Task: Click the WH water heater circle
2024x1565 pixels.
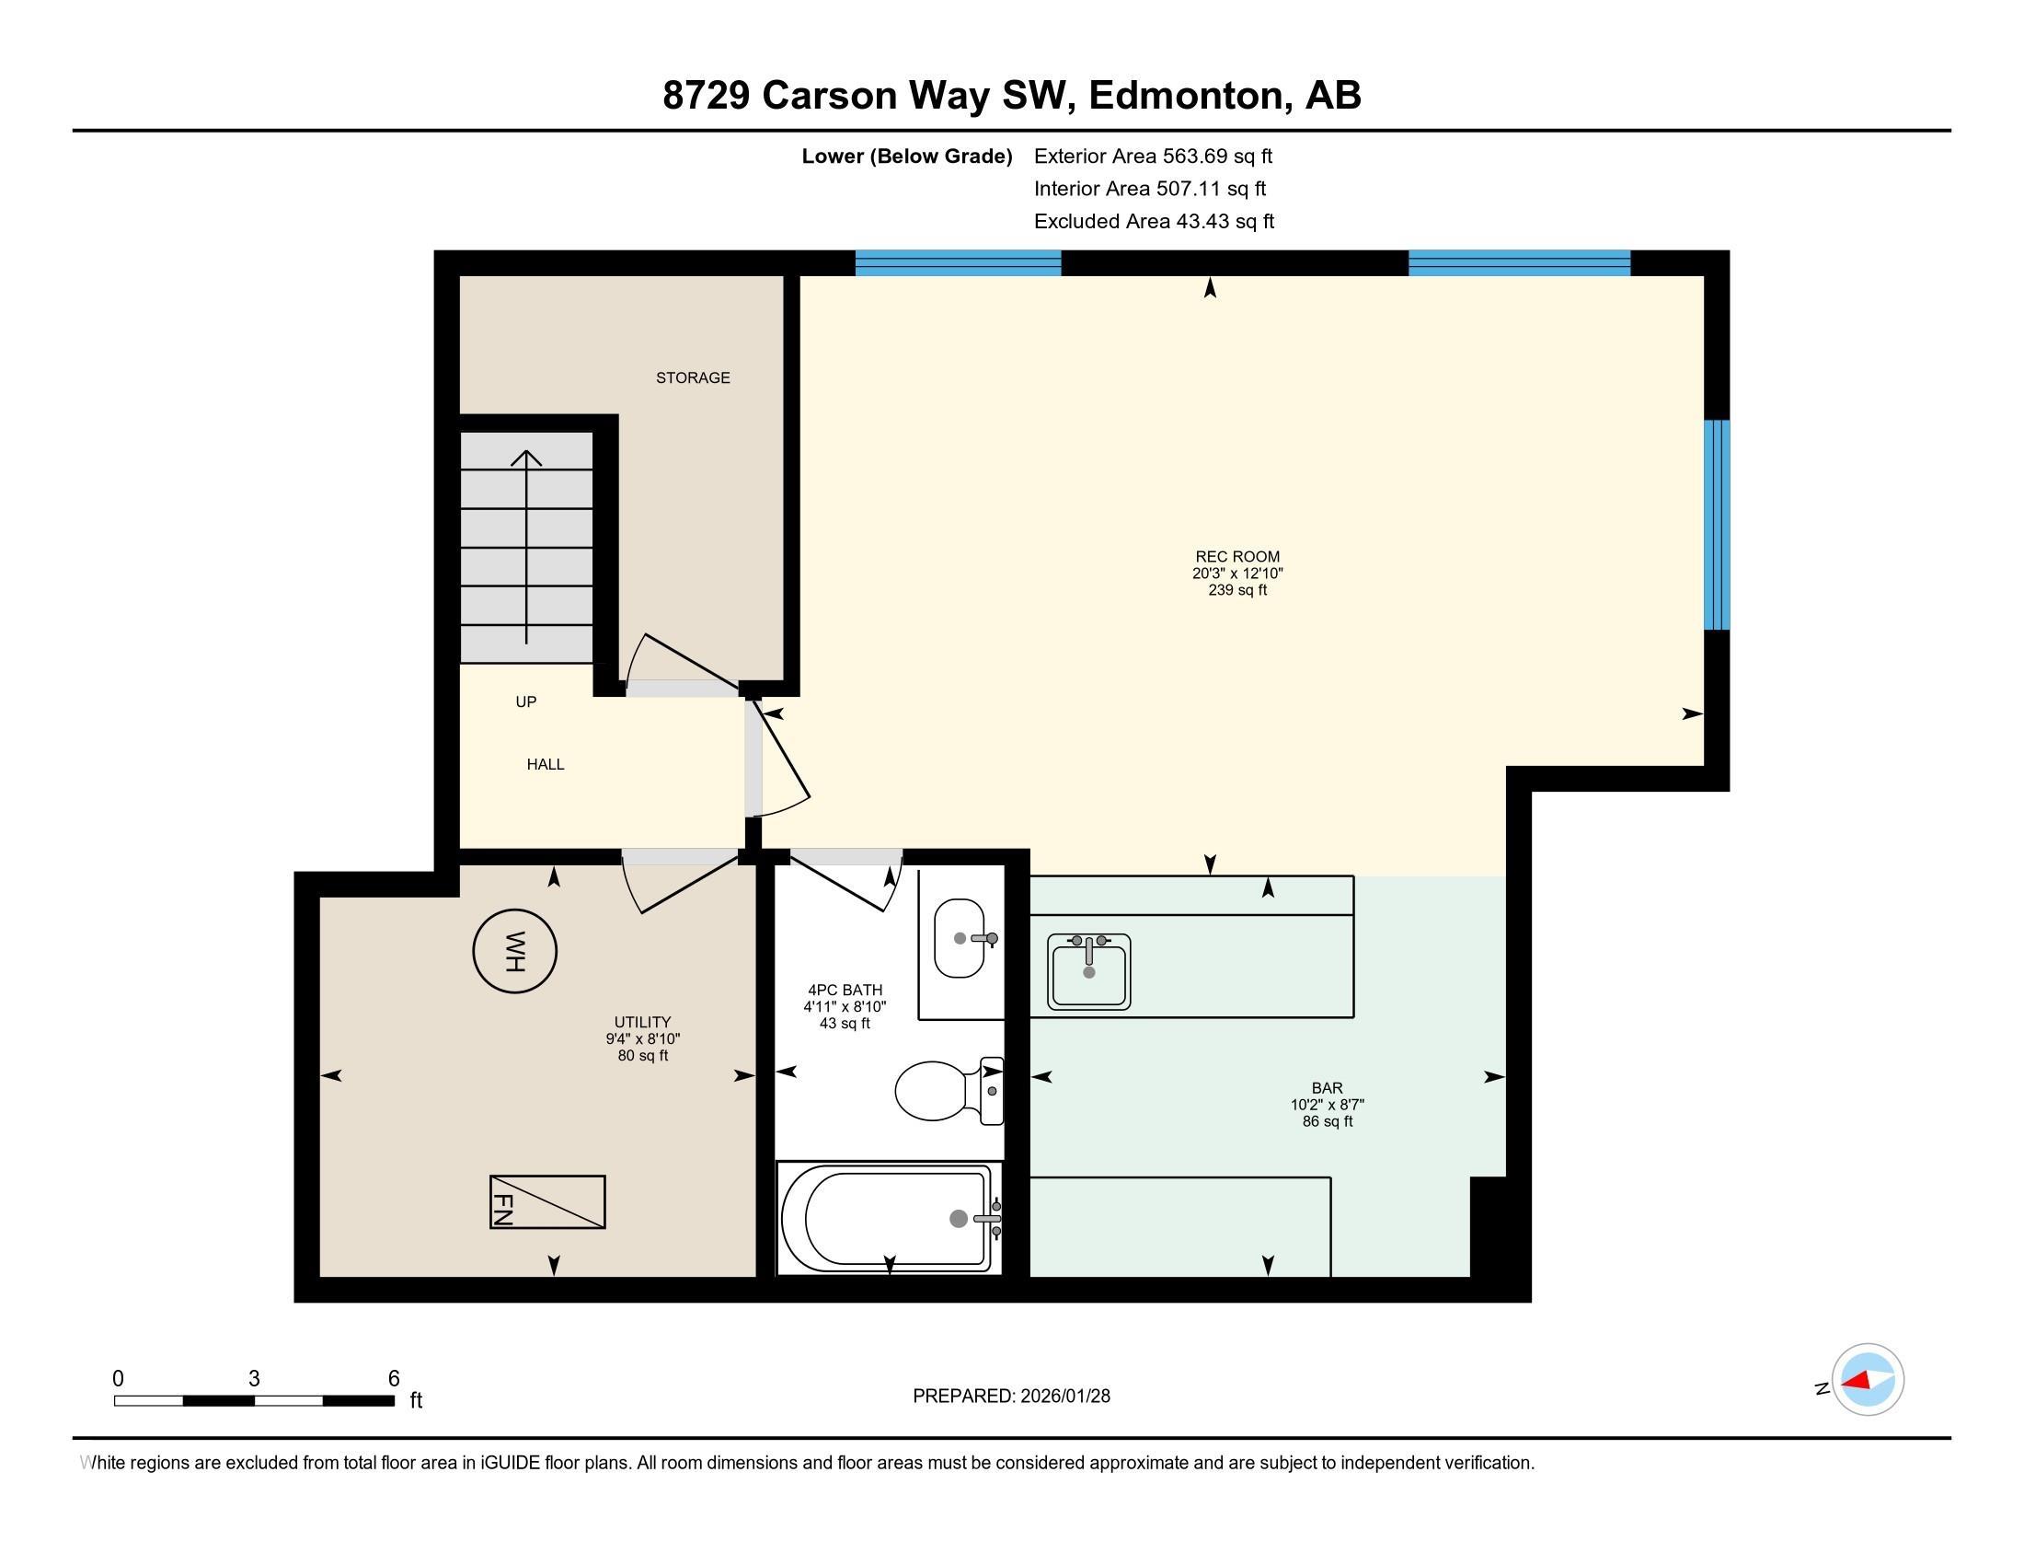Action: point(514,951)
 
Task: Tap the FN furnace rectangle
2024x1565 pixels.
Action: point(547,1202)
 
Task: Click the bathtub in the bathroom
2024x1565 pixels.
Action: point(888,1218)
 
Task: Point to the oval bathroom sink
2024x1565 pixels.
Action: point(960,938)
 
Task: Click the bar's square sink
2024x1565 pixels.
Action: point(1089,971)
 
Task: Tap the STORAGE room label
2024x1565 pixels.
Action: point(692,377)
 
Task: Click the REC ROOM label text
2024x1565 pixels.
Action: point(1236,556)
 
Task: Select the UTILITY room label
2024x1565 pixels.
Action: point(642,1023)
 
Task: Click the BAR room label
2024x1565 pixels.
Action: point(1326,1087)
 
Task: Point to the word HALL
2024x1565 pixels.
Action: point(545,764)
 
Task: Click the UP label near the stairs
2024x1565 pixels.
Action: point(525,701)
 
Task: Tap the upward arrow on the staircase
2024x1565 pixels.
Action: point(526,547)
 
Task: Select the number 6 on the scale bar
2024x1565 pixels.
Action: point(393,1378)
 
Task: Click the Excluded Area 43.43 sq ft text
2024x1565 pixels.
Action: point(1153,221)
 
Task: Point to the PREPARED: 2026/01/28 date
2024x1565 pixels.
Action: point(1011,1396)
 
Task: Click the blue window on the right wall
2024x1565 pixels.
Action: point(1717,525)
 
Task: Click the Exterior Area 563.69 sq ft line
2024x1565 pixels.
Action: point(1153,156)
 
